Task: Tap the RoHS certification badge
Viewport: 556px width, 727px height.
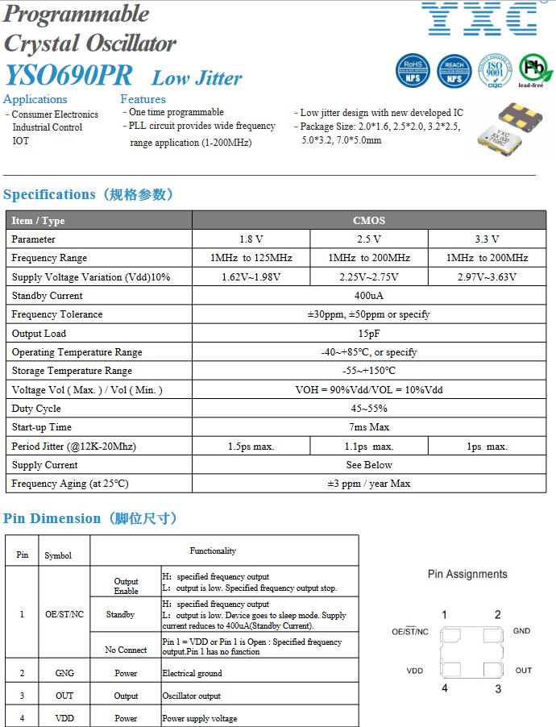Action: pyautogui.click(x=413, y=71)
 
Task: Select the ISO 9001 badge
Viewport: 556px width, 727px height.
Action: pyautogui.click(x=495, y=71)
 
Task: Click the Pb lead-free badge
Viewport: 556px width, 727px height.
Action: pyautogui.click(x=535, y=69)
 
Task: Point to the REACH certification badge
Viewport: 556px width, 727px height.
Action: pyautogui.click(x=454, y=71)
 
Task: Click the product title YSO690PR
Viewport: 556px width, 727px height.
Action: pyautogui.click(x=68, y=76)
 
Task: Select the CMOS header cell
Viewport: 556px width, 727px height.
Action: pyautogui.click(x=369, y=220)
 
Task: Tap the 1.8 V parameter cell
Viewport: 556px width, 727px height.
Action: pyautogui.click(x=251, y=239)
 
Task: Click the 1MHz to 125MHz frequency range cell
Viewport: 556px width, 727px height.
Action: pyautogui.click(x=251, y=258)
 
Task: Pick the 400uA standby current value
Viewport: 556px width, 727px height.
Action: pyautogui.click(x=369, y=296)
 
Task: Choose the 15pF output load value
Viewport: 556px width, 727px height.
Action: pyautogui.click(x=369, y=334)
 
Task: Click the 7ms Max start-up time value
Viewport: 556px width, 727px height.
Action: pyautogui.click(x=369, y=427)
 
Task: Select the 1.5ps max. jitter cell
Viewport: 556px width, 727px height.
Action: pyautogui.click(x=251, y=447)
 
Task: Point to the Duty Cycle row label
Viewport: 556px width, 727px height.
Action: pyautogui.click(x=36, y=409)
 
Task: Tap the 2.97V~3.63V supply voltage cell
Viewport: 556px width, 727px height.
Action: pyautogui.click(x=487, y=277)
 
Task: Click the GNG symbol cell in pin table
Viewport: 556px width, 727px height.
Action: pyautogui.click(x=64, y=673)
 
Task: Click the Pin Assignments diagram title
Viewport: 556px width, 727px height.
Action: pyautogui.click(x=467, y=575)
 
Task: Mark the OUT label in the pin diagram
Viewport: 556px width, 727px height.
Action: pyautogui.click(x=524, y=671)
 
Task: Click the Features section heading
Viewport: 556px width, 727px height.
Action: pyautogui.click(x=143, y=99)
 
